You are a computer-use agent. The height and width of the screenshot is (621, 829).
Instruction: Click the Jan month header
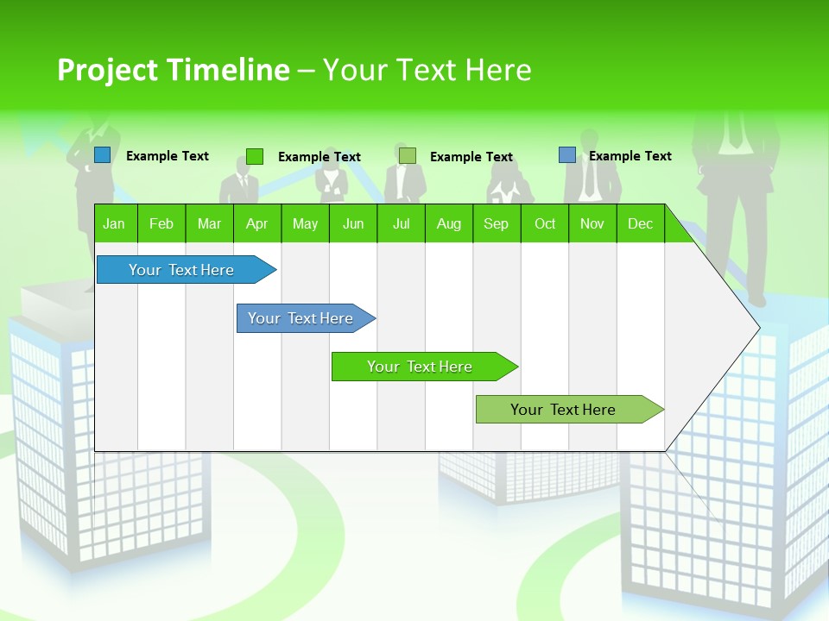(114, 224)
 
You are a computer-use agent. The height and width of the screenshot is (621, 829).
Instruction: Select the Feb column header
(161, 224)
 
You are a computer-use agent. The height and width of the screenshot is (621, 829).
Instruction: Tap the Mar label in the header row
(209, 224)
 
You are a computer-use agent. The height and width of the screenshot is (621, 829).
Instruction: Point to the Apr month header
(256, 224)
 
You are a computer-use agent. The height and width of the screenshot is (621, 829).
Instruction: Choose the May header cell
(305, 224)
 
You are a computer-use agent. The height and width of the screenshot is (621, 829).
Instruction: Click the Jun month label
(353, 224)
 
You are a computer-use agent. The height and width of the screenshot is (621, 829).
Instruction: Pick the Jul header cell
(401, 224)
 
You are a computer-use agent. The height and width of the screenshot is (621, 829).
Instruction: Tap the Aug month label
(449, 224)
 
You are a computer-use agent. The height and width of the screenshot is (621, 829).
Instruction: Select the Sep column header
(497, 224)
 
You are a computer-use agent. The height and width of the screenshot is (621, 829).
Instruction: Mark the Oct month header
(545, 224)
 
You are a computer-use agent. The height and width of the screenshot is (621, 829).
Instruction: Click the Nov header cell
(592, 224)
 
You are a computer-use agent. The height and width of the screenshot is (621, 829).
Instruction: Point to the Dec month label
(641, 224)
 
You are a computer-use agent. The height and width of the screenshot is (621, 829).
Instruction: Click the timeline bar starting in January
(181, 270)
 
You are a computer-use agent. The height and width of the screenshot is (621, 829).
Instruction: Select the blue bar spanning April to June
(301, 318)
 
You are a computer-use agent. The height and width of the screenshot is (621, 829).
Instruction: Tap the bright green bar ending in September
(420, 367)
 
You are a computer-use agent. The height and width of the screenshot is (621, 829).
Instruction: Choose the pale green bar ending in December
(563, 410)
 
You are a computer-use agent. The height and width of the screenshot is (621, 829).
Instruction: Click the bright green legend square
(255, 156)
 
